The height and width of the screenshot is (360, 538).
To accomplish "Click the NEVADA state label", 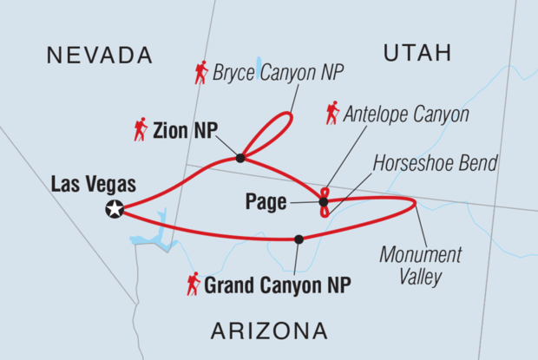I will click(x=100, y=56).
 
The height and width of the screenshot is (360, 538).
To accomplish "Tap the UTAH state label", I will click(x=417, y=54).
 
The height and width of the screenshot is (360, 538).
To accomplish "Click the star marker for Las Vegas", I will click(x=115, y=208).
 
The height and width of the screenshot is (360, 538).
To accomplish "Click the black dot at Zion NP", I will click(x=240, y=158).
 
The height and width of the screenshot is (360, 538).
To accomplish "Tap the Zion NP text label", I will click(x=185, y=131).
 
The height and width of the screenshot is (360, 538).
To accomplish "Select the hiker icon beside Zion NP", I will click(x=141, y=130).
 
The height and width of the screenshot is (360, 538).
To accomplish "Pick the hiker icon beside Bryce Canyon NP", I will click(x=201, y=74).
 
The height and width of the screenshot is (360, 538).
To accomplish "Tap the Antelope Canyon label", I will click(x=406, y=114).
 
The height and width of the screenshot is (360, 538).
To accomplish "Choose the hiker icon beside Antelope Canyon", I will click(x=331, y=113).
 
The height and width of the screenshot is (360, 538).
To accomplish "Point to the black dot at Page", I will click(x=324, y=202).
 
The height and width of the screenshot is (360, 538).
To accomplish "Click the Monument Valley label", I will click(x=422, y=266).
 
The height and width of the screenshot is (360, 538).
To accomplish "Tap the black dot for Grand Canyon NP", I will click(x=299, y=239).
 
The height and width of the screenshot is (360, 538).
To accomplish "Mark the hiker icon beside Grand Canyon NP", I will click(x=194, y=283).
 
